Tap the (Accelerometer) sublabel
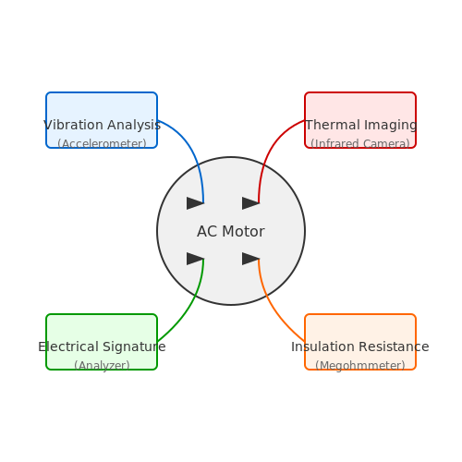pyautogui.click(x=102, y=144)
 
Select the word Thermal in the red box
pyautogui.click(x=333, y=125)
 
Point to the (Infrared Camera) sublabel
pyautogui.click(x=360, y=144)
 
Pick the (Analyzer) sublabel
pyautogui.click(x=102, y=366)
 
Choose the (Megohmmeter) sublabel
pyautogui.click(x=360, y=366)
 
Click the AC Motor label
pyautogui.click(x=231, y=231)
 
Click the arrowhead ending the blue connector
pyautogui.click(x=195, y=203)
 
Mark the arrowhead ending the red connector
pyautogui.click(x=250, y=203)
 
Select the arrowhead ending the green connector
pyautogui.click(x=195, y=259)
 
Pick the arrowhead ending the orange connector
pyautogui.click(x=250, y=259)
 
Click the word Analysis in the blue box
pyautogui.click(x=134, y=125)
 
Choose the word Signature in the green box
pyautogui.click(x=134, y=347)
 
